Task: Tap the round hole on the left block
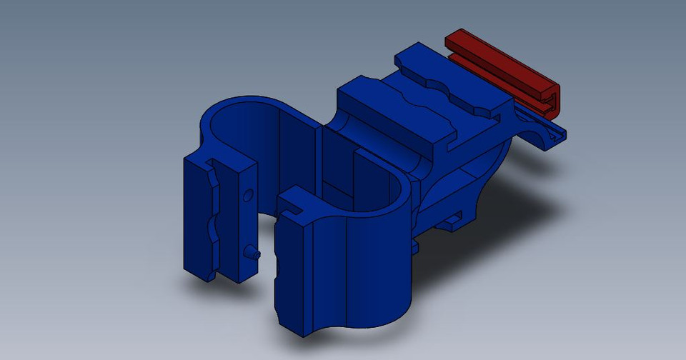pos(248,194)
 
